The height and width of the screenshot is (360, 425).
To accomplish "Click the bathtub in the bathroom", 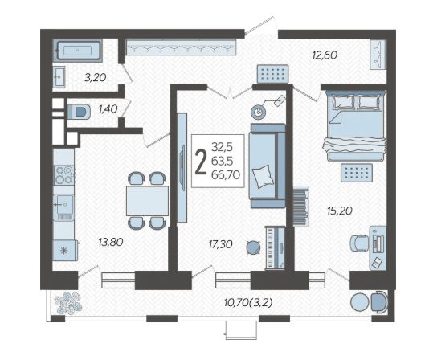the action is (x=78, y=51).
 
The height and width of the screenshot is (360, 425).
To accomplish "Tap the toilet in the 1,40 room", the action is (x=79, y=112).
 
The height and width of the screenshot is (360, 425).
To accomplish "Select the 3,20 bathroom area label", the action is (x=95, y=78).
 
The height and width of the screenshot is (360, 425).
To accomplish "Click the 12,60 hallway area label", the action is (x=325, y=55).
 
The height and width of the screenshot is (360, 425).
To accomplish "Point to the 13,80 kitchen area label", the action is (x=111, y=242).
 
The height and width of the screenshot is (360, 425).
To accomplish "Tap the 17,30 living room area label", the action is (x=220, y=244).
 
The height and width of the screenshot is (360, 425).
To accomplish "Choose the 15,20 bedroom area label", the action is (x=340, y=211).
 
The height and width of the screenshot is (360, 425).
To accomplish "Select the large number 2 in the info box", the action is (x=201, y=162).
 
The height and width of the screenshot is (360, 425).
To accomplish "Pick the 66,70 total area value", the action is (x=226, y=175).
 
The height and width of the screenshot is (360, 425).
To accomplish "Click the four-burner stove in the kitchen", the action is (x=64, y=175).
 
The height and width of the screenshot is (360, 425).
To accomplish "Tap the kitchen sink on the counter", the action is (x=64, y=204).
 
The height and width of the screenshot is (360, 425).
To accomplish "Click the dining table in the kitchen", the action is (x=147, y=201).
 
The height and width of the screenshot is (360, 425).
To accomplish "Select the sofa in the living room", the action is (x=268, y=166).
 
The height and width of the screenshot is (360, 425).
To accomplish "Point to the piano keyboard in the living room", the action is (x=275, y=247).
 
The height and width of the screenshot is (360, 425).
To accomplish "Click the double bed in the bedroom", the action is (x=355, y=126).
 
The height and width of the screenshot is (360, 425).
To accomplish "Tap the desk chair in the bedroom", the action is (x=359, y=243).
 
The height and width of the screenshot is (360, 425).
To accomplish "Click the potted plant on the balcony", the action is (x=68, y=303).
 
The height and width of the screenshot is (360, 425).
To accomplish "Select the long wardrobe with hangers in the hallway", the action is (x=181, y=47).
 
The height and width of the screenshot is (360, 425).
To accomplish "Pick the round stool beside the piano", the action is (x=254, y=247).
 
